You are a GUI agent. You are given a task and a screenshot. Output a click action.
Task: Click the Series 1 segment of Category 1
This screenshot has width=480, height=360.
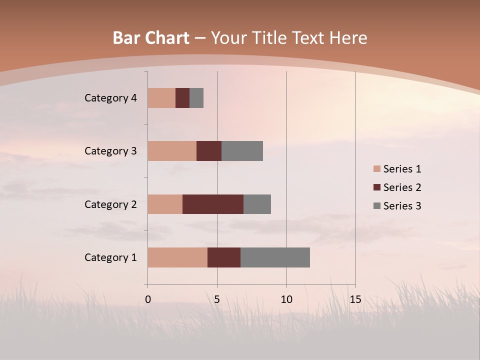click(177, 257)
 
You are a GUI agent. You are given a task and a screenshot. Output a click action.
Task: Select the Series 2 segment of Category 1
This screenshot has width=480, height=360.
click(224, 257)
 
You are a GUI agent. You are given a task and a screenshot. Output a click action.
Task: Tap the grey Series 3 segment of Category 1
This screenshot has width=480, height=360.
click(275, 257)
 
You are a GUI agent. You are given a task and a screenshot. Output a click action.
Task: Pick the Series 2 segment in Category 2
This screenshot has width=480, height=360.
click(213, 204)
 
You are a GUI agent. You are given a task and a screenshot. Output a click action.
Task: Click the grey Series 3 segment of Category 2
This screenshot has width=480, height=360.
click(257, 204)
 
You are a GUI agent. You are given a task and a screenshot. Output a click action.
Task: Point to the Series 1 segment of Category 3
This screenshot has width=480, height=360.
click(172, 151)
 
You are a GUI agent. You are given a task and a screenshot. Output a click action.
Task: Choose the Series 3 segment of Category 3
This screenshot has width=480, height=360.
click(242, 151)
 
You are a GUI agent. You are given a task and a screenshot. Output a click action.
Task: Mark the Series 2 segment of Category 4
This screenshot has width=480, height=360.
click(182, 98)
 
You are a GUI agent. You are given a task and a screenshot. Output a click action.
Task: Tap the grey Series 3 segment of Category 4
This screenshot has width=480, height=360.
click(196, 98)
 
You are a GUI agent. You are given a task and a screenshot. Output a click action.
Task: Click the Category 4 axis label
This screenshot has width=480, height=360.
click(110, 98)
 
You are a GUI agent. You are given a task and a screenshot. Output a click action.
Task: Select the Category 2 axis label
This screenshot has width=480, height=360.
click(110, 204)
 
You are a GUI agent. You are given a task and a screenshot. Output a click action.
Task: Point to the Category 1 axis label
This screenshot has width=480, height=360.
click(110, 257)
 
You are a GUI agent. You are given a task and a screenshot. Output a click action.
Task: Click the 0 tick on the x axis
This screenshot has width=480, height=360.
click(148, 299)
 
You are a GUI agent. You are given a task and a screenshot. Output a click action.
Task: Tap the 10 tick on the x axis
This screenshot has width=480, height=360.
click(286, 299)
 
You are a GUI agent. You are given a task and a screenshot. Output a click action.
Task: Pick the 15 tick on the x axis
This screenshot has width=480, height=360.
click(355, 299)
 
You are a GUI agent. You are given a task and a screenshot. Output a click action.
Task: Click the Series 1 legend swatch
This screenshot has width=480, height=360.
click(376, 169)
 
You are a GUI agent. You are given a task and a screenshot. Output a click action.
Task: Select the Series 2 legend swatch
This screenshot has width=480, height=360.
click(376, 187)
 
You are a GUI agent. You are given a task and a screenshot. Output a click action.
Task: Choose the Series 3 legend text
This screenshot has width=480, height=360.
click(402, 206)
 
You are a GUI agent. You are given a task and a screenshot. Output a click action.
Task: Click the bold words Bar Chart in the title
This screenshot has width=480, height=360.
click(150, 38)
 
